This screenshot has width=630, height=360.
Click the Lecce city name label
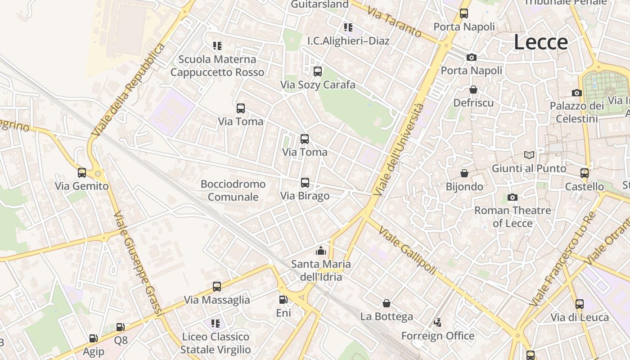click(541, 42)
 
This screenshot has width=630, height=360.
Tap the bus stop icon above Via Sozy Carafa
click(318, 72)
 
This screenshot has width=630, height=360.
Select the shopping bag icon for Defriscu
click(473, 90)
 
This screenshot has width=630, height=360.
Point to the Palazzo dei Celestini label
click(577, 112)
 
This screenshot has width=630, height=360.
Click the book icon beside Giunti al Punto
click(529, 155)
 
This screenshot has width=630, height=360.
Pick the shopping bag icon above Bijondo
click(464, 173)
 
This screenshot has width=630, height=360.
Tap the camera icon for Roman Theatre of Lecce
click(512, 197)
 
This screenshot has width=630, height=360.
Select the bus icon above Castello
click(584, 173)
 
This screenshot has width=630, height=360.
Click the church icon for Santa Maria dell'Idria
click(320, 251)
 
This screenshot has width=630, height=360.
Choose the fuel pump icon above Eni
click(283, 300)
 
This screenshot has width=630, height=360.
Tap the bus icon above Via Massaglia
click(217, 287)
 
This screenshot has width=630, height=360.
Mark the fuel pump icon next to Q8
click(120, 327)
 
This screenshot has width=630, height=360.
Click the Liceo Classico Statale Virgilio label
click(216, 343)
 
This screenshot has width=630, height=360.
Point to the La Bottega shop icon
click(386, 303)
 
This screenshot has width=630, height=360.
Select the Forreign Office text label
click(437, 336)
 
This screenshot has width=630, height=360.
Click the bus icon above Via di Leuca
click(579, 304)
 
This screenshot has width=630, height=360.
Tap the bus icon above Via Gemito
click(81, 173)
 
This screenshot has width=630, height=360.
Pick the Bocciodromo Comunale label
click(233, 190)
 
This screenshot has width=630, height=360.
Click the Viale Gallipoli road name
click(407, 251)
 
